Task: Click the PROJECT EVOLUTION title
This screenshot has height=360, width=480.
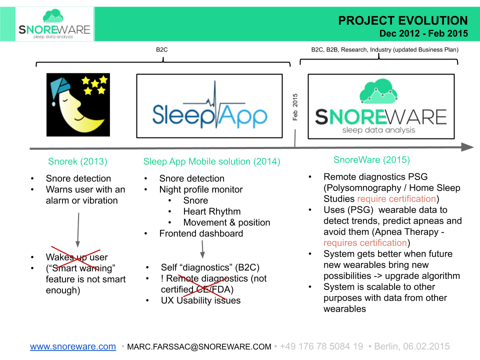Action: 403,20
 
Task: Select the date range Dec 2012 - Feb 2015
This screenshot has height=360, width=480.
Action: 423,34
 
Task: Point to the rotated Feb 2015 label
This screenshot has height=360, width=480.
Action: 295,106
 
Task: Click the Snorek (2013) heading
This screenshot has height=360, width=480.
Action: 77,161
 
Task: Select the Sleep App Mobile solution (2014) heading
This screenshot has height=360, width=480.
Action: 211,161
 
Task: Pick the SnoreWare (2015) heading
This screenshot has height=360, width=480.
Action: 371,160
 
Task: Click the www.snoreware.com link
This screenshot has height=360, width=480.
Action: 73,346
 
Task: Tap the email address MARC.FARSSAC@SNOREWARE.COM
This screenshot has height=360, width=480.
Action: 199,346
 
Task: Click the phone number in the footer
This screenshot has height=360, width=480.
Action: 321,346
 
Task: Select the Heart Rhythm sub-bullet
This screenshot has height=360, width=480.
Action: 211,211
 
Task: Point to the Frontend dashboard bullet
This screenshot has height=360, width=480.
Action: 201,233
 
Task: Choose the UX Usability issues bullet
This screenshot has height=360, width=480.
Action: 200,300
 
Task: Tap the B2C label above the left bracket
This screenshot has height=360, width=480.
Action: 162,50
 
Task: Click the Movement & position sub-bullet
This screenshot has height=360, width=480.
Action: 226,222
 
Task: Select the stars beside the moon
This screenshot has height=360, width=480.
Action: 95,84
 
